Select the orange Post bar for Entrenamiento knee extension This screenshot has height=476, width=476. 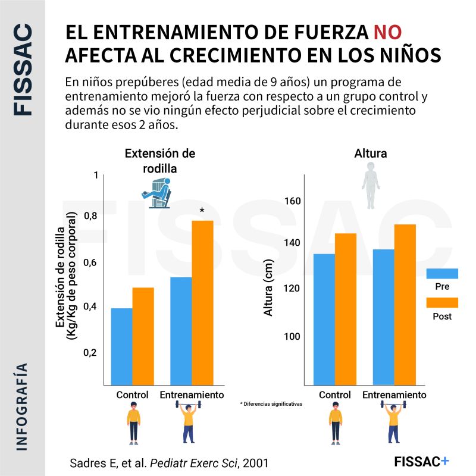(x=202, y=303)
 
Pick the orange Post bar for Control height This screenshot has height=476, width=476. (x=345, y=309)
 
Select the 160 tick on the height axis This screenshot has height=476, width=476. (x=292, y=201)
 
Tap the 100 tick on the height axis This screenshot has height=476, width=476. (x=292, y=336)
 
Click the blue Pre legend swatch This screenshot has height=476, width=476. (x=442, y=273)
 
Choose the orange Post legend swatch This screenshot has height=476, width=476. (x=442, y=302)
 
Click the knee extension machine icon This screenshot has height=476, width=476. (x=156, y=194)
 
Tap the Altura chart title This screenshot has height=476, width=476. (x=370, y=154)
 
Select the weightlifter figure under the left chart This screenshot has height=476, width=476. (x=189, y=422)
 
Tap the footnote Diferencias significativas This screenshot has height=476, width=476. (x=271, y=403)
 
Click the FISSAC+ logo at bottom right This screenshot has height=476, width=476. (x=422, y=461)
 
